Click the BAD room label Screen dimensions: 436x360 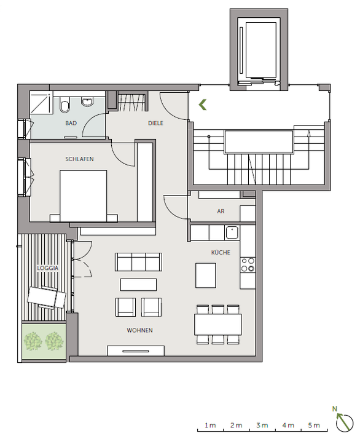coord(71,123)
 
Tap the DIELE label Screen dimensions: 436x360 coord(156,123)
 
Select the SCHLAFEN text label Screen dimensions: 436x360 coord(79,159)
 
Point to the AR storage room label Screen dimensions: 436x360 coord(221,211)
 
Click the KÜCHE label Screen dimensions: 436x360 coord(221,252)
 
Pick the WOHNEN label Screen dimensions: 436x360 coord(139,330)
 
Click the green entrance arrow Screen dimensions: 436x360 coord(202,105)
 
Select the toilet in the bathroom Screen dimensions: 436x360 coord(65,108)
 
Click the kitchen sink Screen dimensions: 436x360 coord(232,233)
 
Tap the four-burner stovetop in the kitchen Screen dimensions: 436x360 coord(248,264)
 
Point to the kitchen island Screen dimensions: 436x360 coord(206,275)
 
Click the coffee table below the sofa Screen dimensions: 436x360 coord(138,285)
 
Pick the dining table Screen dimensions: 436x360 coord(218,323)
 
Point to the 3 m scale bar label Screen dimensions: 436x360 coord(262,426)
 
